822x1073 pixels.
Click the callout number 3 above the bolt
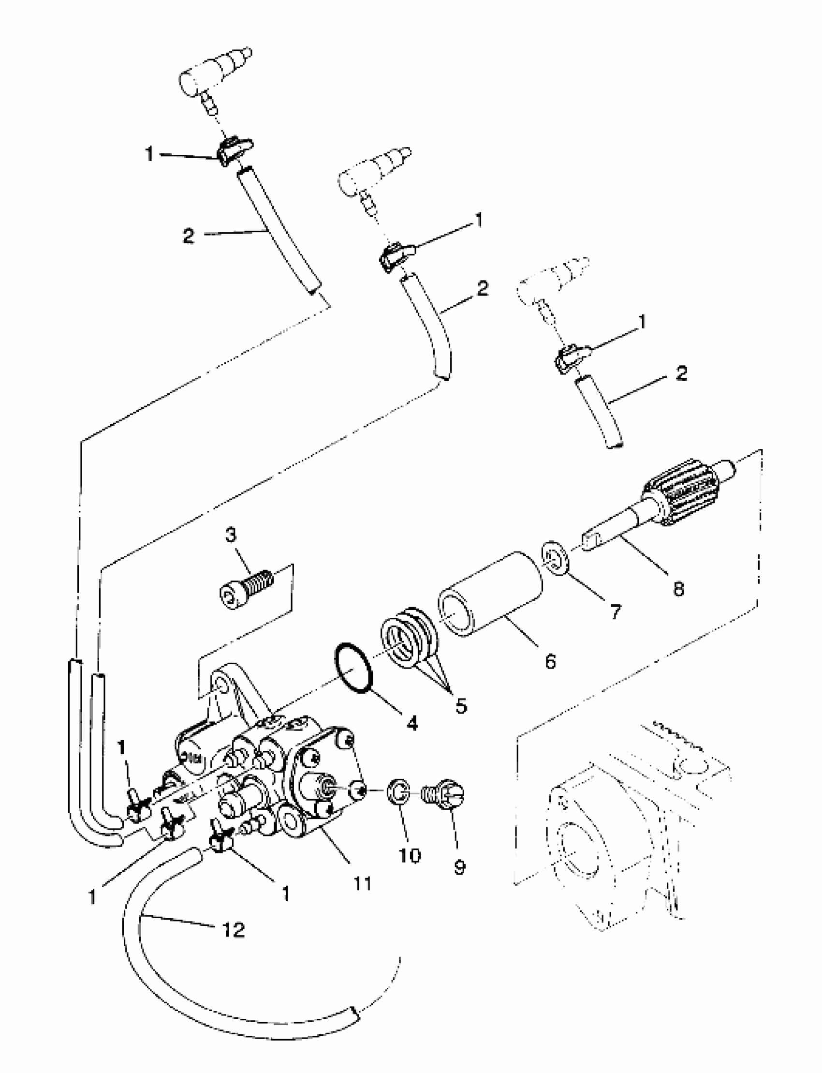(x=231, y=535)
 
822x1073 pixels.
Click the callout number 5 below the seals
(x=461, y=705)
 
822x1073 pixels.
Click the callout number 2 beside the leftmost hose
(x=188, y=236)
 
